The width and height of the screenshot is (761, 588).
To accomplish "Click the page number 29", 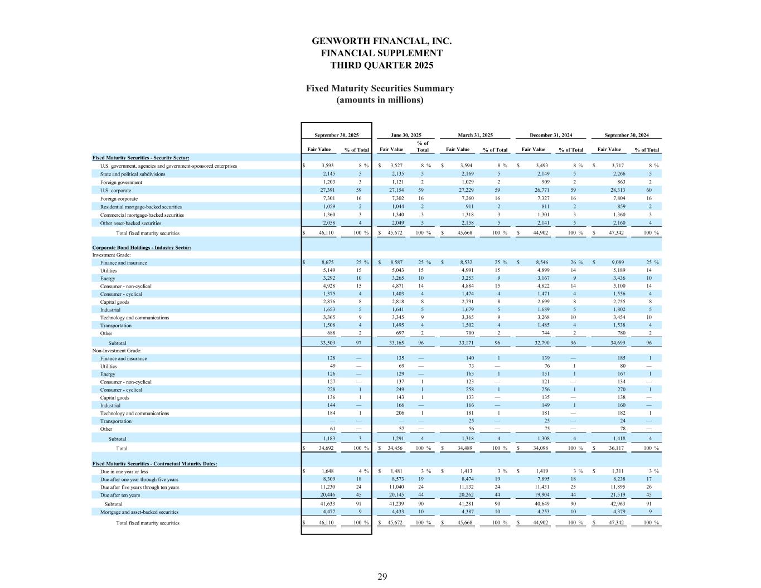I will (x=382, y=576).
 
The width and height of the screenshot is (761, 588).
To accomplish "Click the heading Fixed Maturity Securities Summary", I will (x=380, y=89).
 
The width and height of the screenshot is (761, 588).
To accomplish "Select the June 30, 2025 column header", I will (x=405, y=135).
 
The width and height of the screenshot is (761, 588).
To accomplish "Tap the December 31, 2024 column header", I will (x=550, y=135).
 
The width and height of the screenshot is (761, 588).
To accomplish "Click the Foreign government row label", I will (x=121, y=182).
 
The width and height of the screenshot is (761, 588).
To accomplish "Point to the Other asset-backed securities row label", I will (x=130, y=223).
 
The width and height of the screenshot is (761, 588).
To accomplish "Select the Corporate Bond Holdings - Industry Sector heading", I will (x=142, y=247).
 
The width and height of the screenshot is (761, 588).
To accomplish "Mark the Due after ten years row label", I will (x=120, y=495).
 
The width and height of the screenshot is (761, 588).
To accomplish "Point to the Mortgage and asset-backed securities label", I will (x=139, y=512).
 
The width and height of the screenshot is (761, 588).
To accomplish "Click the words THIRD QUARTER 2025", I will (x=381, y=65).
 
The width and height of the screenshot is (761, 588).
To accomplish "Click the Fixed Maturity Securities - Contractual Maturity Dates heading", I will (x=154, y=464).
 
